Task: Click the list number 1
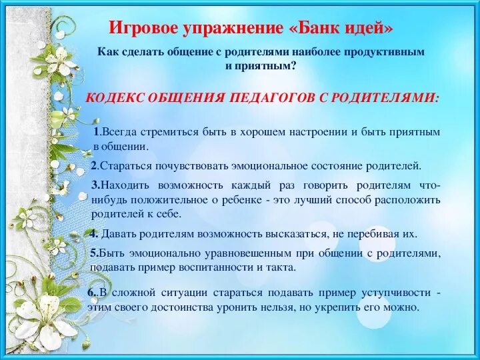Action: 97,132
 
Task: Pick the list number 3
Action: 95,185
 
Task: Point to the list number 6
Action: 91,293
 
